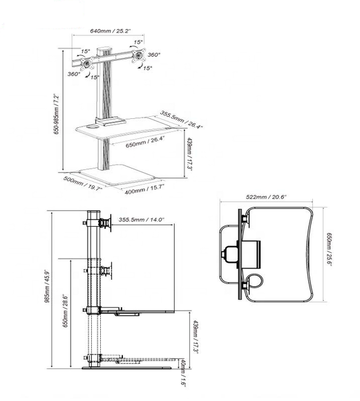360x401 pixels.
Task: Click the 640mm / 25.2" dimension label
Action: (111, 31)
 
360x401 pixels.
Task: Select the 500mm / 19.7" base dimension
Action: (83, 183)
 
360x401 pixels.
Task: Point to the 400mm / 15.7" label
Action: (144, 189)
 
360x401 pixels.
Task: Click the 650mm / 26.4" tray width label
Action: (145, 142)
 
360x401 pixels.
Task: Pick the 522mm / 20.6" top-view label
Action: (266, 197)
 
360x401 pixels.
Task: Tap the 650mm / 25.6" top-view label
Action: (329, 249)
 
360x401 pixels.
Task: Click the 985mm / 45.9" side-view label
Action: (47, 286)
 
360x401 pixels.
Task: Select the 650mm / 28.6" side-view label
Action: (65, 311)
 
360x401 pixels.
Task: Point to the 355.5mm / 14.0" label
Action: (142, 220)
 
